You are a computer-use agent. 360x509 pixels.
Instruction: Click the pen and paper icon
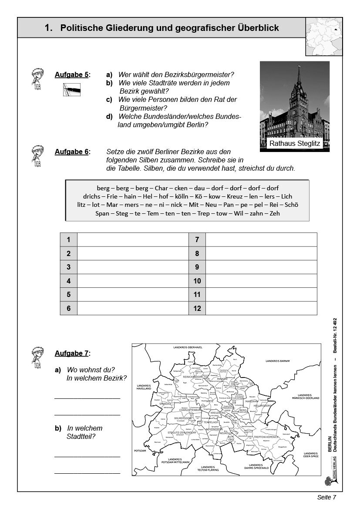click(71, 89)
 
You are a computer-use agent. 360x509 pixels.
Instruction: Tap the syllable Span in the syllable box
click(103, 213)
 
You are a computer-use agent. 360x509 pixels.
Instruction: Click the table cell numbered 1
click(68, 239)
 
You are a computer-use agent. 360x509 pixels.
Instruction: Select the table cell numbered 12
click(197, 308)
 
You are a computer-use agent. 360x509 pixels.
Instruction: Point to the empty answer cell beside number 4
click(132, 281)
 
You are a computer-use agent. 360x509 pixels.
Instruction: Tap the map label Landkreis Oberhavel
click(185, 347)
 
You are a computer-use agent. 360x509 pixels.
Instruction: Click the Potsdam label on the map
click(140, 450)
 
